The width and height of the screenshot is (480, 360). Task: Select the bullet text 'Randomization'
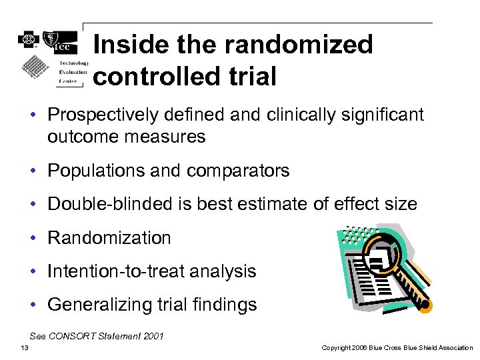click(109, 238)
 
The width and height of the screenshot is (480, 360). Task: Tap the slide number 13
click(25, 347)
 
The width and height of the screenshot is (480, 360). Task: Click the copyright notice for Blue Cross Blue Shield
click(397, 347)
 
